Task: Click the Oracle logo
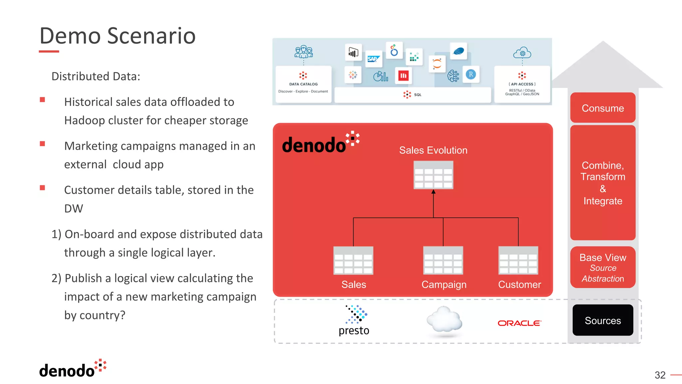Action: [519, 323]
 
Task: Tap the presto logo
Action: [354, 320]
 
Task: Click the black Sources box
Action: [603, 320]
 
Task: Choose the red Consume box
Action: [603, 108]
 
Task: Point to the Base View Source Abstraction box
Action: [603, 267]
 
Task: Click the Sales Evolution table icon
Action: [433, 175]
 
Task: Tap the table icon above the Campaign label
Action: [443, 260]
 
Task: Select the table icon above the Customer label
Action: [518, 260]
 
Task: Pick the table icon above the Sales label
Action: [353, 260]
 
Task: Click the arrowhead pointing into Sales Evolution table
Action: [433, 192]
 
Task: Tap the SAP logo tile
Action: [373, 59]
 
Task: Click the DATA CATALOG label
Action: [303, 84]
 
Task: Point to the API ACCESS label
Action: [522, 84]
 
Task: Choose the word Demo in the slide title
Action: [70, 36]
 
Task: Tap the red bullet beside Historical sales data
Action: [42, 100]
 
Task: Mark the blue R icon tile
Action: [471, 74]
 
